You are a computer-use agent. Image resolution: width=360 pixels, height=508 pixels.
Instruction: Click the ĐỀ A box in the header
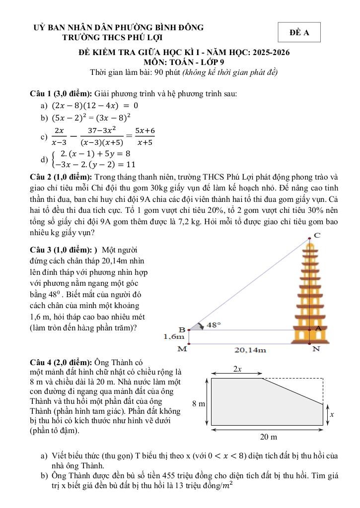(299, 33)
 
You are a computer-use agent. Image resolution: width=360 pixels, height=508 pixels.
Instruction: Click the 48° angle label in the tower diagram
(214, 324)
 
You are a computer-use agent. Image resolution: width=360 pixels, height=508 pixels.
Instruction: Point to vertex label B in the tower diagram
(182, 329)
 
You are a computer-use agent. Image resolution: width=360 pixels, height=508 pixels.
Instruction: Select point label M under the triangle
(182, 349)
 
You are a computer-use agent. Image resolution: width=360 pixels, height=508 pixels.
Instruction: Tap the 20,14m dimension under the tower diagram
(250, 350)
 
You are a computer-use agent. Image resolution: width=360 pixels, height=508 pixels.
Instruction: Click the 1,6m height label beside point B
(174, 337)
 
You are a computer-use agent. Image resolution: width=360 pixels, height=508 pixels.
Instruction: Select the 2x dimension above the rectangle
(237, 369)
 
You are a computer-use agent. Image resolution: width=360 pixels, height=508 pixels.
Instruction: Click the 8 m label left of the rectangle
(199, 404)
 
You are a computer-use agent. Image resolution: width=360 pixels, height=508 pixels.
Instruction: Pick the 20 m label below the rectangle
(268, 437)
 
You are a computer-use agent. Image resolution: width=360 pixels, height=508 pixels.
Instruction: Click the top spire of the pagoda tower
(311, 242)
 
